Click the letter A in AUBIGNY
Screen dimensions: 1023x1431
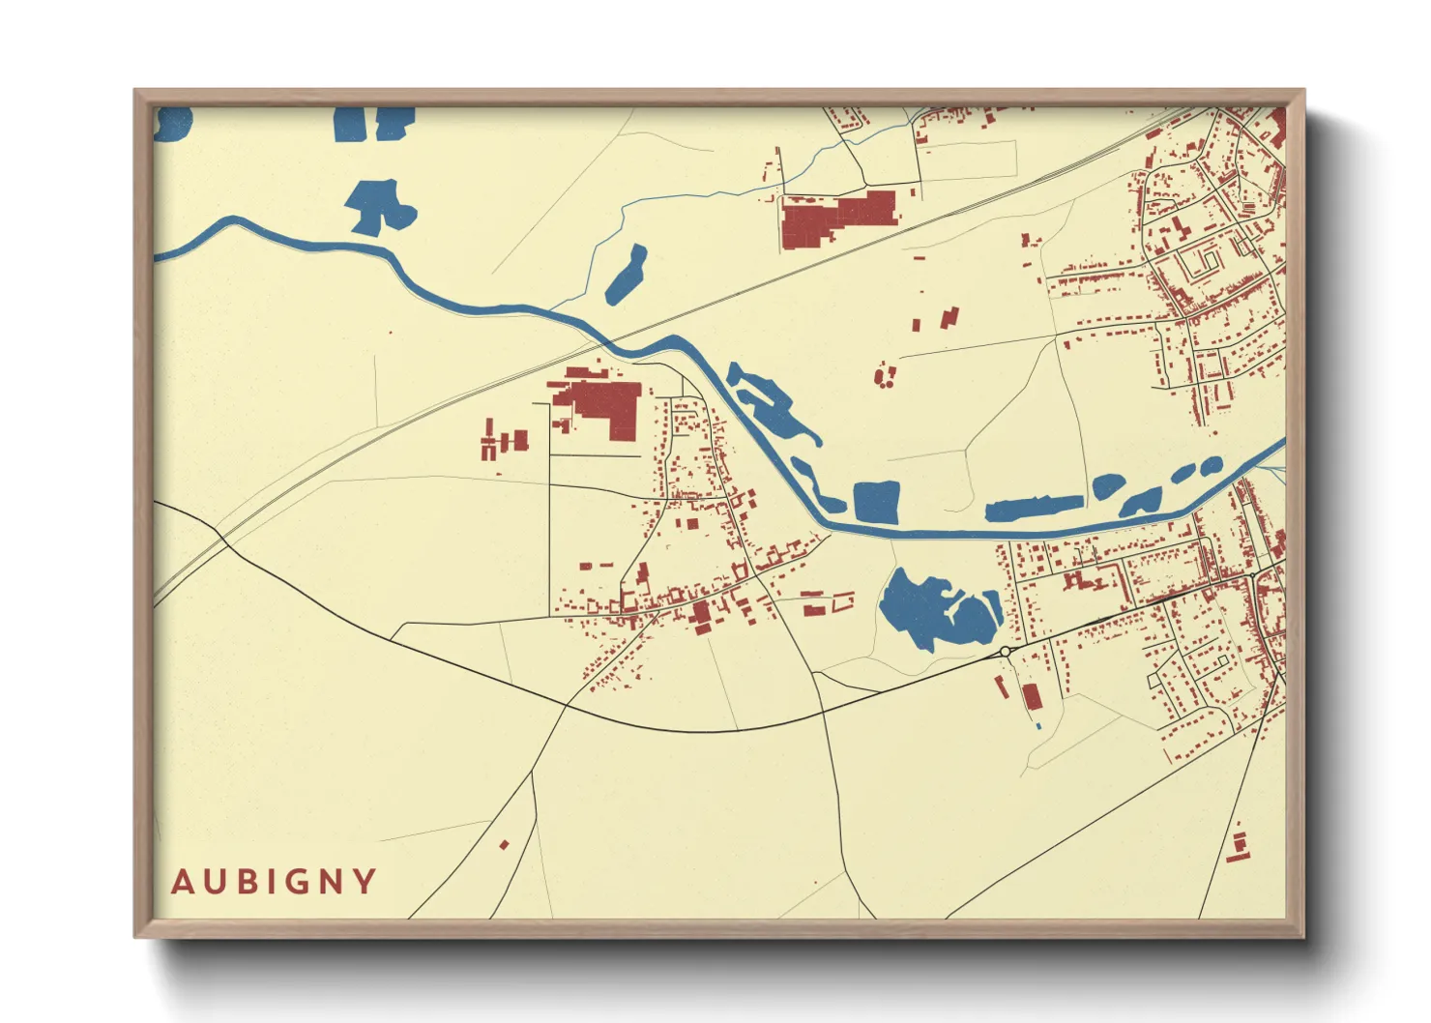(x=182, y=882)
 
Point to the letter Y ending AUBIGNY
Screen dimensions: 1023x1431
(x=365, y=882)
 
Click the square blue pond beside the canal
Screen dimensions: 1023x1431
(x=876, y=502)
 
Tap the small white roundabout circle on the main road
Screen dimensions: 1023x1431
(x=1006, y=653)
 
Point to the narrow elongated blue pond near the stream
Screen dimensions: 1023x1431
(x=626, y=274)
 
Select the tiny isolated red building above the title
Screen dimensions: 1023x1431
(x=504, y=845)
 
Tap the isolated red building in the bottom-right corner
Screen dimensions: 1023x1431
(x=1237, y=845)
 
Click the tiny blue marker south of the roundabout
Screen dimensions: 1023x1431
(x=1038, y=725)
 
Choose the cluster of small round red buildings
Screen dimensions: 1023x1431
(x=884, y=375)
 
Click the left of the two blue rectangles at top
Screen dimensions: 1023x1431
(x=349, y=124)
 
